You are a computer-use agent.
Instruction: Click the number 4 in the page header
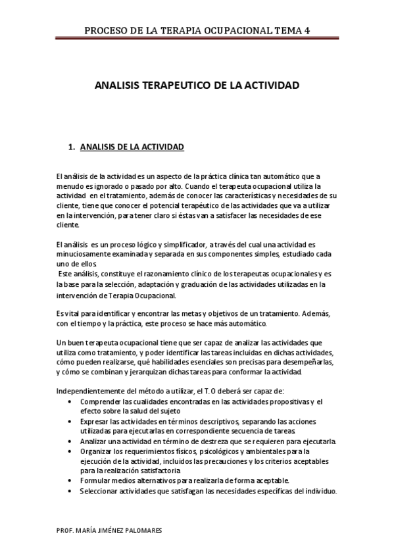pyautogui.click(x=307, y=30)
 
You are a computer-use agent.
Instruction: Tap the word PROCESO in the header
pyautogui.click(x=109, y=30)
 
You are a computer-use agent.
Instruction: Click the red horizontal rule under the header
pyautogui.click(x=197, y=39)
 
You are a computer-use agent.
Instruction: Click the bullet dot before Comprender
pyautogui.click(x=71, y=401)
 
